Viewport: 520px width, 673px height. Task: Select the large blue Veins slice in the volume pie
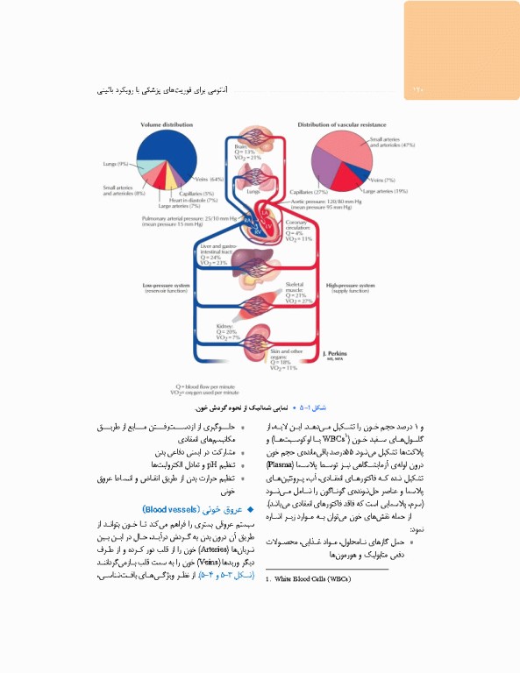pyautogui.click(x=181, y=158)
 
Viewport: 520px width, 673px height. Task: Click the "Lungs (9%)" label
pyautogui.click(x=116, y=164)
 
